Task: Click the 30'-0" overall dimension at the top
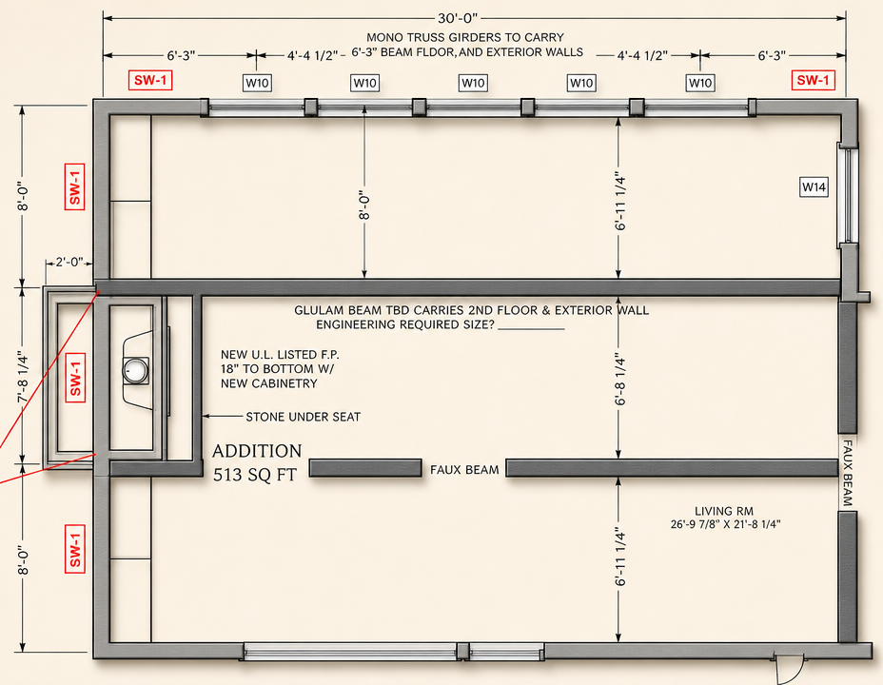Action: click(x=458, y=18)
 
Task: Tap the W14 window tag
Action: click(x=814, y=186)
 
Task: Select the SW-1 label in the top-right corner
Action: click(x=813, y=80)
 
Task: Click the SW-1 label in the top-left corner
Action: click(x=150, y=80)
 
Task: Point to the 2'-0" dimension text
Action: click(x=69, y=263)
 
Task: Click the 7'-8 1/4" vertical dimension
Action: click(x=23, y=376)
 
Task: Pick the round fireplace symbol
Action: click(x=136, y=370)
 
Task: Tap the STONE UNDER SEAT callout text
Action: click(x=303, y=417)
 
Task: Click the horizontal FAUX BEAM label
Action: click(x=464, y=469)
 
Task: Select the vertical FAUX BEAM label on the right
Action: click(x=847, y=473)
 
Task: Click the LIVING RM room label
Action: click(x=724, y=511)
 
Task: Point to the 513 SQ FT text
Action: click(x=255, y=475)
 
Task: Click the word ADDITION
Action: click(x=257, y=451)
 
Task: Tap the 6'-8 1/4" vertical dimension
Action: click(x=620, y=379)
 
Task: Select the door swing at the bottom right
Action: click(x=789, y=670)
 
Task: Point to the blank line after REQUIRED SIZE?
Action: click(x=531, y=329)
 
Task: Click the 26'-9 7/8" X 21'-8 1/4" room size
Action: click(x=725, y=524)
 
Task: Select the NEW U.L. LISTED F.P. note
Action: click(x=280, y=355)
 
